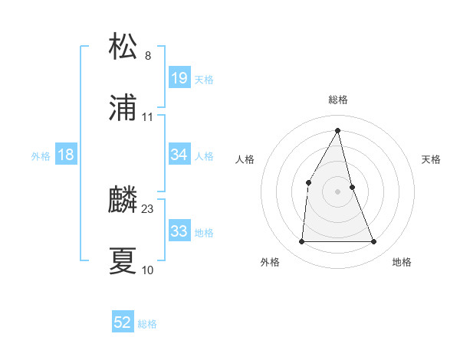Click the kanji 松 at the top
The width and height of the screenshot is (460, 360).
pos(123,47)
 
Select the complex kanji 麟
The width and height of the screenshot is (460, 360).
pos(123,200)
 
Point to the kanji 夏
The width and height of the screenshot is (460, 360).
pos(123,260)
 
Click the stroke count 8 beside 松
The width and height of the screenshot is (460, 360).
pos(148,55)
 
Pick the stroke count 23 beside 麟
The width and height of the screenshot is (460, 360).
pos(148,208)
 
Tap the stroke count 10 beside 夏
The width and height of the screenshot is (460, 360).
pos(148,270)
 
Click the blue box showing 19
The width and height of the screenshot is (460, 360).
pos(179,78)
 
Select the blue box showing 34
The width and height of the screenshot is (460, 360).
pos(179,155)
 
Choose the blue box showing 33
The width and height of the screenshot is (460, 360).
pos(179,231)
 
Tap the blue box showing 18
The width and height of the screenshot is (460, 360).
pos(66,155)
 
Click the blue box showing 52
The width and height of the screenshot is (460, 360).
pos(123,322)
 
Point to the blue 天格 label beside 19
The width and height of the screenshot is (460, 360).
pos(204,80)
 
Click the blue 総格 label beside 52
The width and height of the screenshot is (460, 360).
pos(147,324)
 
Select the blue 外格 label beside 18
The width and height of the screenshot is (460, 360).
pos(41,156)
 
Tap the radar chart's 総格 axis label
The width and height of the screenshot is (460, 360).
pos(338,100)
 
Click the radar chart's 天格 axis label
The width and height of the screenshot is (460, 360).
pos(431,159)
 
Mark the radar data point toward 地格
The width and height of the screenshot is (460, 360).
pos(374,242)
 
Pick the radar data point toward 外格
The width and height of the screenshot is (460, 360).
pos(301,242)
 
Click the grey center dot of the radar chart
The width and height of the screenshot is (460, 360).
pos(338,191)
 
